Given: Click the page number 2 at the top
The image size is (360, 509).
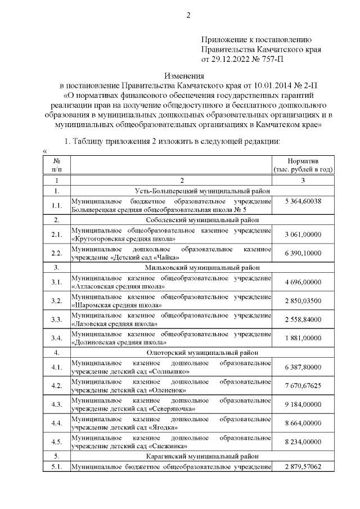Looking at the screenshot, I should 188,15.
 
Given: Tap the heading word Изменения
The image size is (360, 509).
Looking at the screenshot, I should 187,75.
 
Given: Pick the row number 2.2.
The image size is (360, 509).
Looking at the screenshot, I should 56,252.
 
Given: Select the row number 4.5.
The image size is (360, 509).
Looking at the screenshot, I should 56,441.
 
